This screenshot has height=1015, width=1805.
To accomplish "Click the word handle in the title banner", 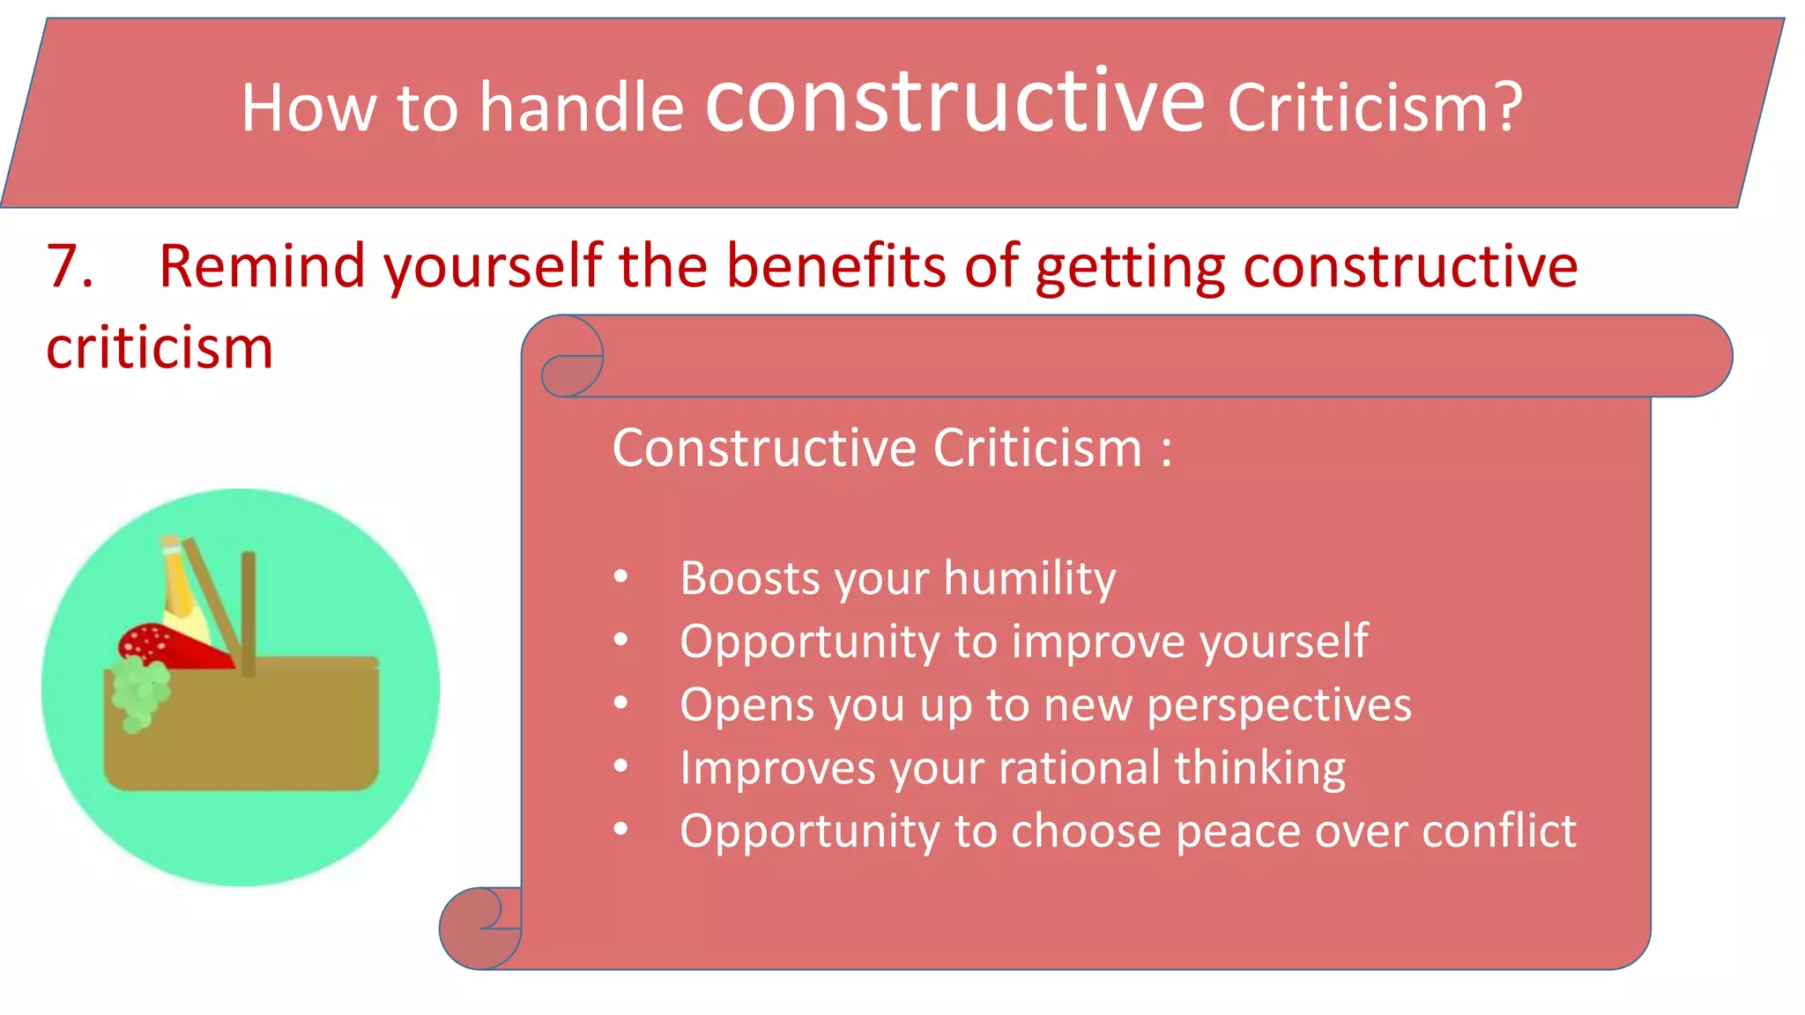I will tap(582, 107).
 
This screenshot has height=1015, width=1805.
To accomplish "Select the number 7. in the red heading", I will tap(70, 265).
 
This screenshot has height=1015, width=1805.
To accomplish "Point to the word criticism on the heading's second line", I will tap(160, 347).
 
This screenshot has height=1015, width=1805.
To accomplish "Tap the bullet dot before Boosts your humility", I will tap(621, 577).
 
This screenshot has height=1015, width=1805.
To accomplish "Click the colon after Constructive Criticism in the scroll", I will tap(1166, 449).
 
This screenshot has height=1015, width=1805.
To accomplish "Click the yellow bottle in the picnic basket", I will tap(182, 590).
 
